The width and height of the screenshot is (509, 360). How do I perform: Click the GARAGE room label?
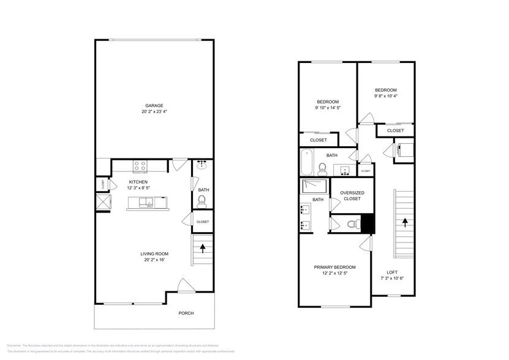[154, 105]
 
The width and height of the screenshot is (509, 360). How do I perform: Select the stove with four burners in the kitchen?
[140, 164]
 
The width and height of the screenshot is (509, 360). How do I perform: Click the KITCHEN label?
[138, 182]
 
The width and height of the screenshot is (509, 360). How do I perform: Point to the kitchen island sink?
[147, 202]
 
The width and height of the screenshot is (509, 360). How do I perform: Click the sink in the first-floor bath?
[203, 166]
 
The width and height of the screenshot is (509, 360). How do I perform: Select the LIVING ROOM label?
[154, 253]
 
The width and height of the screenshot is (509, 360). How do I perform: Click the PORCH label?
[186, 313]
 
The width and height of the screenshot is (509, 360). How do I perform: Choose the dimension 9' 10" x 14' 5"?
[328, 108]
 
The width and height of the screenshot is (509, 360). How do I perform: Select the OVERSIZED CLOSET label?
[352, 195]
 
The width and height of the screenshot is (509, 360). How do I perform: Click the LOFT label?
[392, 272]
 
